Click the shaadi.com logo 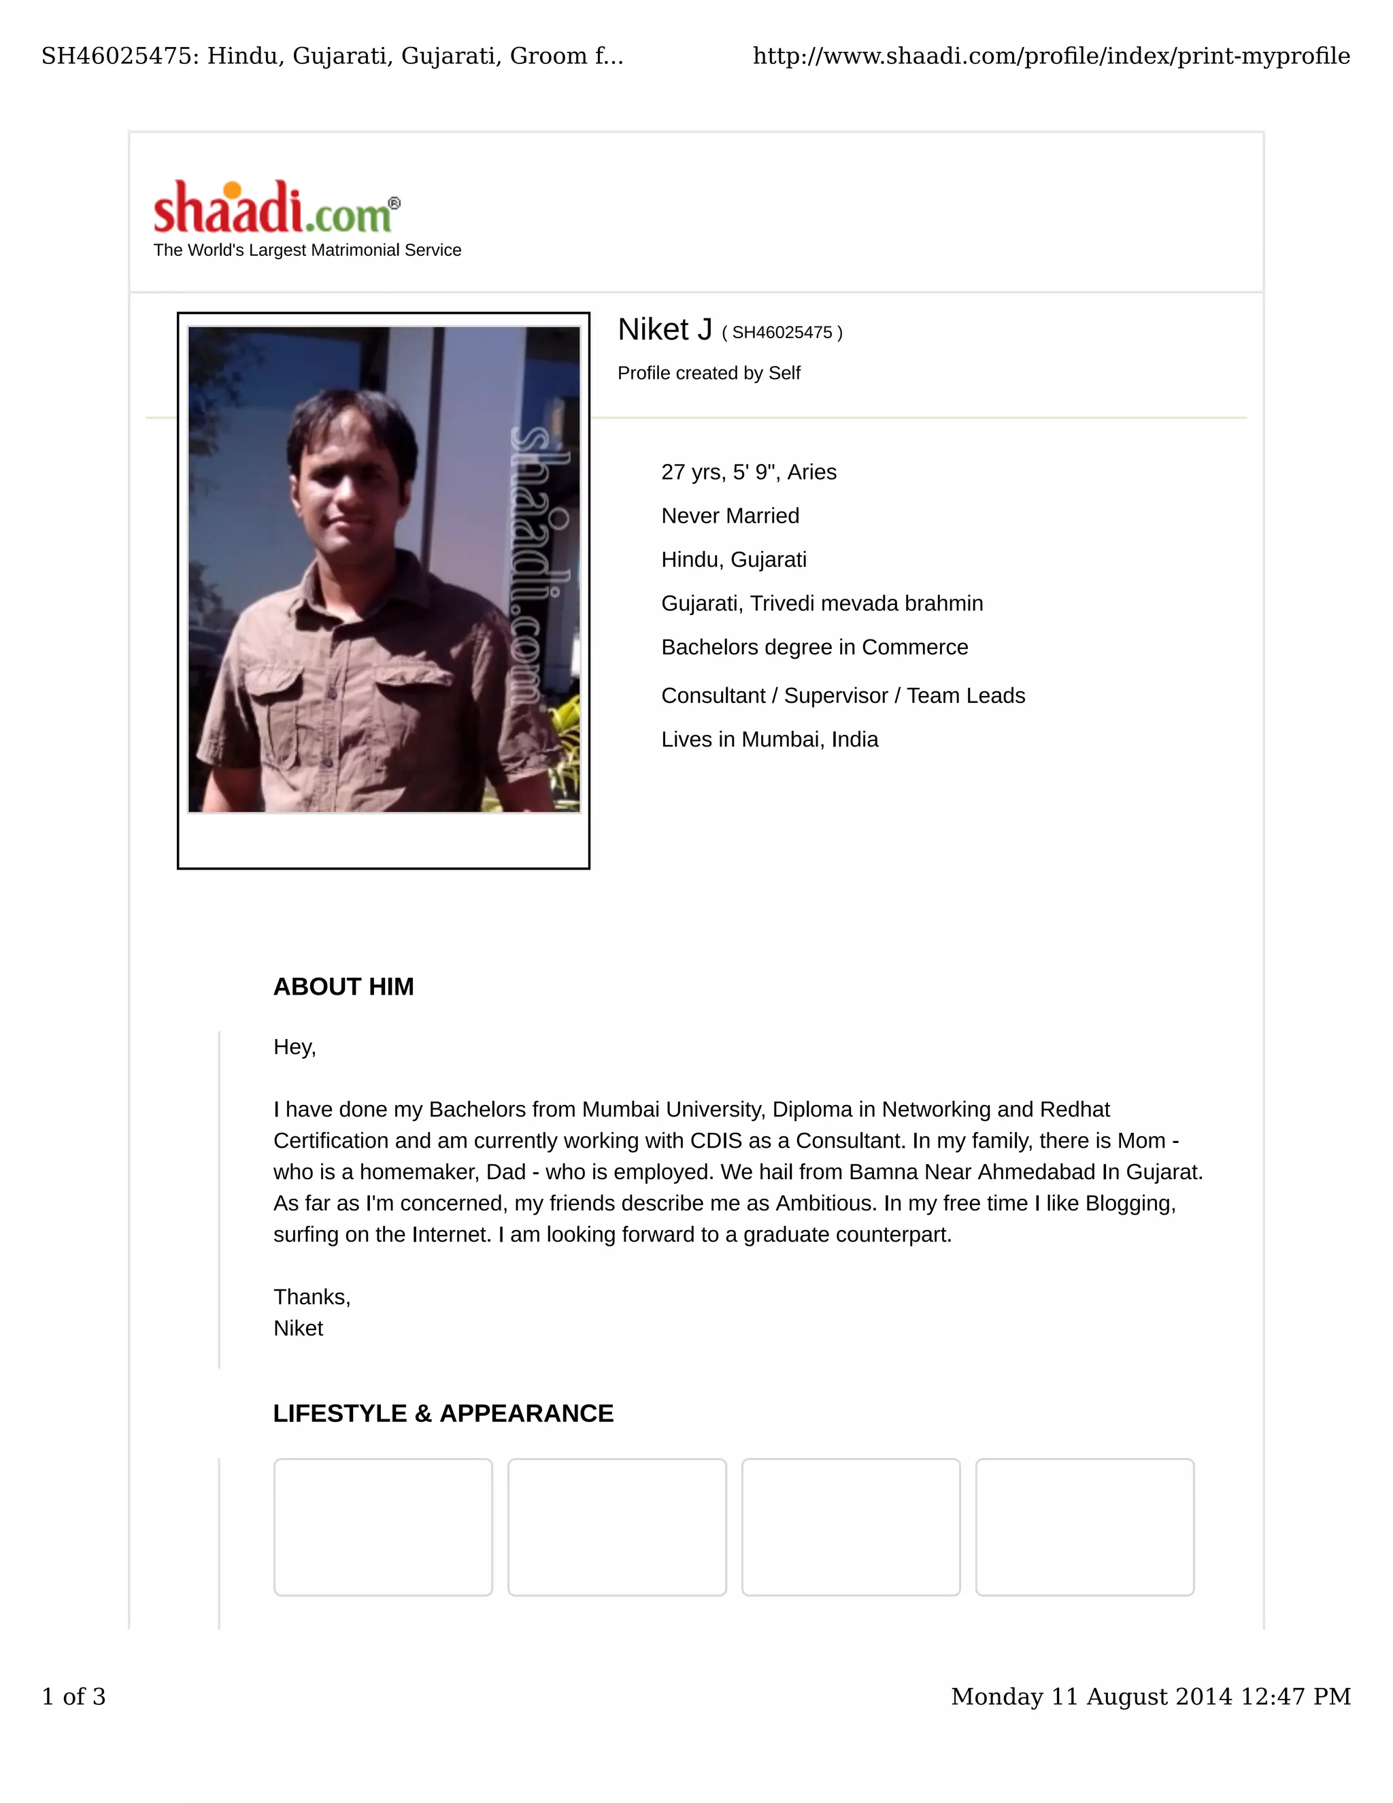point(275,208)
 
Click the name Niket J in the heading point(665,330)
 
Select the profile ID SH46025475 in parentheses point(782,333)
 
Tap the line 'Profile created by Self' point(708,373)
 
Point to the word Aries point(811,472)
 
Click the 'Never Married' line point(730,516)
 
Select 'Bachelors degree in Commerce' point(813,647)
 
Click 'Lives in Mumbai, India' point(769,740)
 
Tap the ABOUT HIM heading point(343,987)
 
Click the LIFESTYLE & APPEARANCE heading point(443,1413)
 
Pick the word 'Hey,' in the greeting point(295,1047)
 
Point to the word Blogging point(1130,1204)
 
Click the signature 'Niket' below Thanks point(298,1328)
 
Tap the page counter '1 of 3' point(73,1696)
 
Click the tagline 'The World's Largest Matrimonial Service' point(307,250)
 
